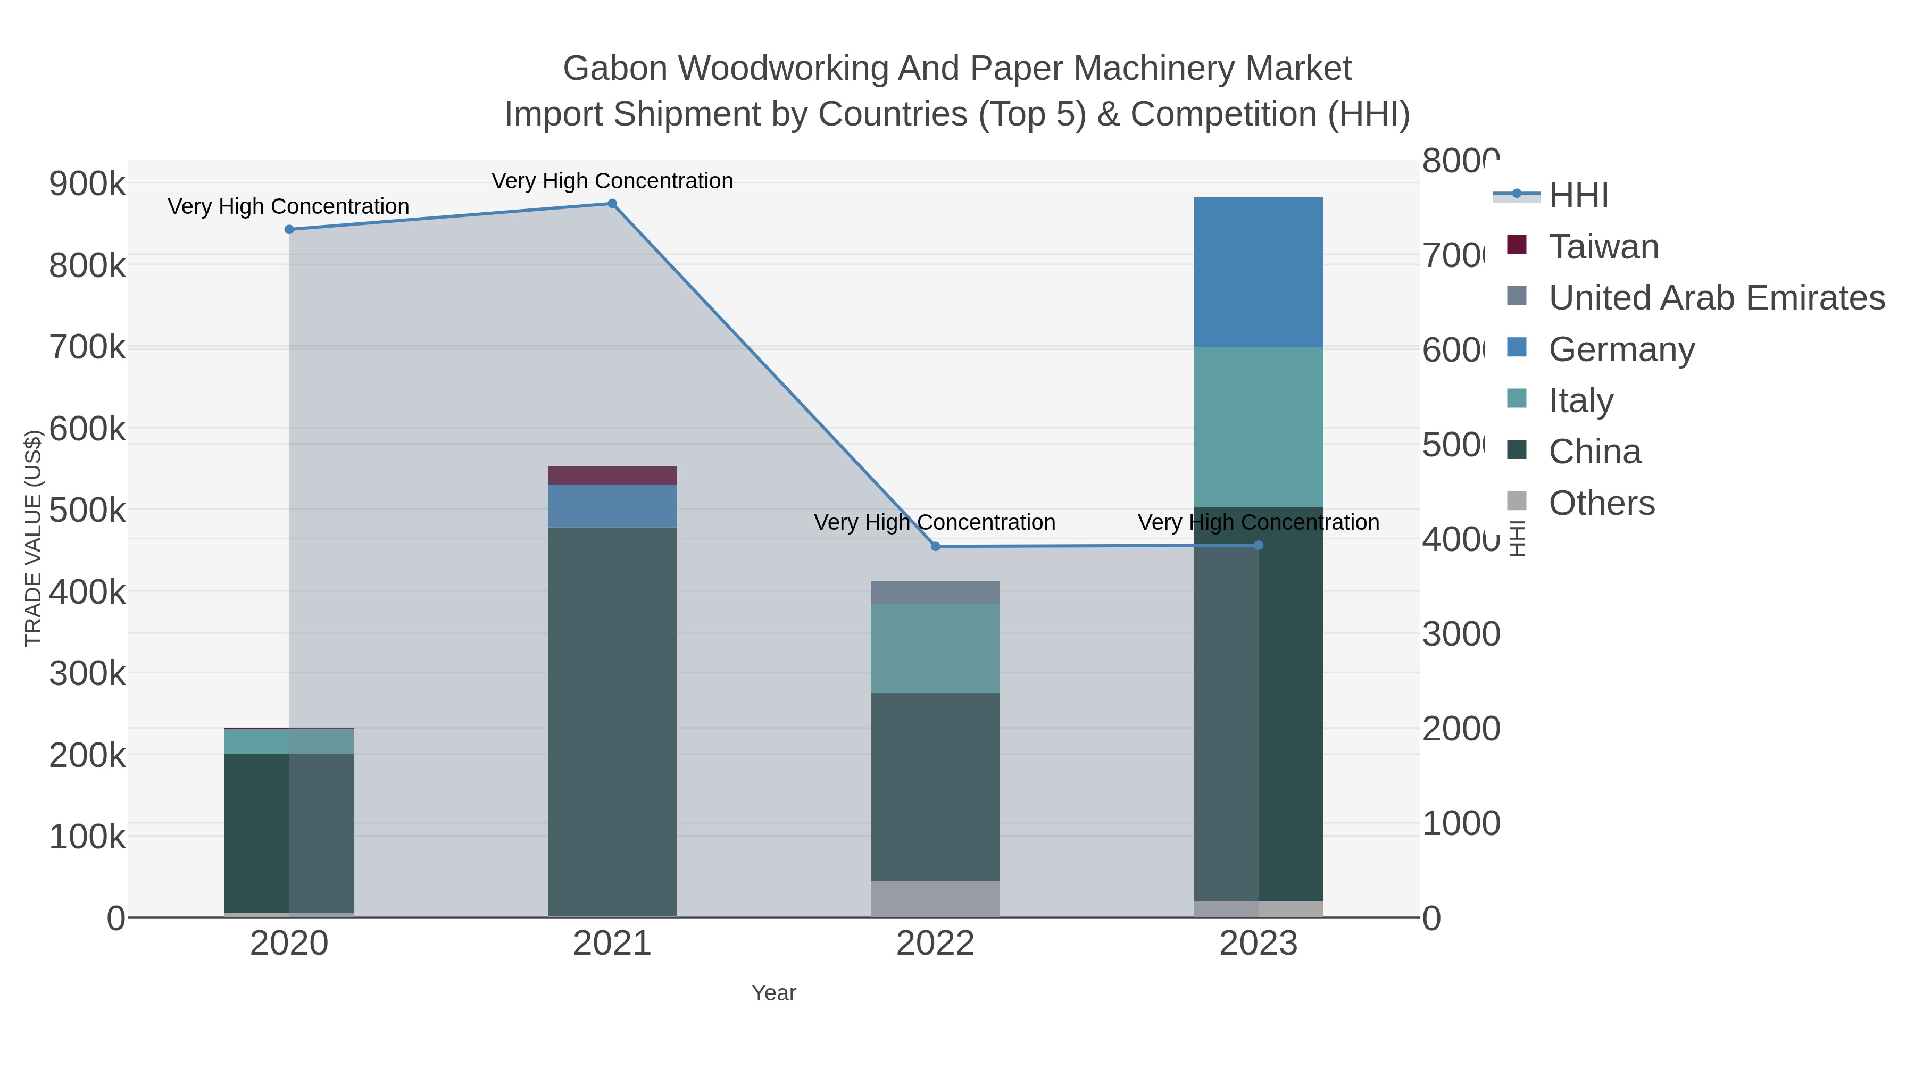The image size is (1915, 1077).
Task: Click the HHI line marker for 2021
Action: pyautogui.click(x=612, y=204)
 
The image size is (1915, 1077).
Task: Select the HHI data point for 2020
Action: pyautogui.click(x=289, y=230)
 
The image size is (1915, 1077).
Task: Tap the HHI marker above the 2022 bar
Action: pyautogui.click(x=935, y=546)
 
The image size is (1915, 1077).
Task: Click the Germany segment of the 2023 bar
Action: pyautogui.click(x=1258, y=272)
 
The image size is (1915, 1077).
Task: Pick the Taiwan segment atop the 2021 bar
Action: pyautogui.click(x=612, y=475)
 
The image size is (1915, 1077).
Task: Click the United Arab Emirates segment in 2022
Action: pyautogui.click(x=935, y=592)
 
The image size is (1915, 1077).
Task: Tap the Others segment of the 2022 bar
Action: pyautogui.click(x=935, y=899)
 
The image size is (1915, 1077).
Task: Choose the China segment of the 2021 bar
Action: pyautogui.click(x=612, y=721)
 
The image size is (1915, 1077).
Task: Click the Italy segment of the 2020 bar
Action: pyautogui.click(x=289, y=741)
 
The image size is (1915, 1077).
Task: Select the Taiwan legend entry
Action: pyautogui.click(x=1603, y=247)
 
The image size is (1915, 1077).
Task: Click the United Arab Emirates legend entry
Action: pyautogui.click(x=1716, y=298)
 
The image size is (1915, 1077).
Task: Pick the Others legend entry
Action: pyautogui.click(x=1601, y=503)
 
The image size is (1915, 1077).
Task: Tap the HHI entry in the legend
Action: pyautogui.click(x=1578, y=196)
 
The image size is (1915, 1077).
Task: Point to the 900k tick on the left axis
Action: pyautogui.click(x=87, y=183)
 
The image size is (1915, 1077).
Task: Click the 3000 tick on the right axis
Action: pyautogui.click(x=1461, y=634)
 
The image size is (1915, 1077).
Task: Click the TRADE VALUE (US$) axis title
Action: pyautogui.click(x=32, y=538)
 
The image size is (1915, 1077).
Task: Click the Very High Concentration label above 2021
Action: pyautogui.click(x=612, y=181)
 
